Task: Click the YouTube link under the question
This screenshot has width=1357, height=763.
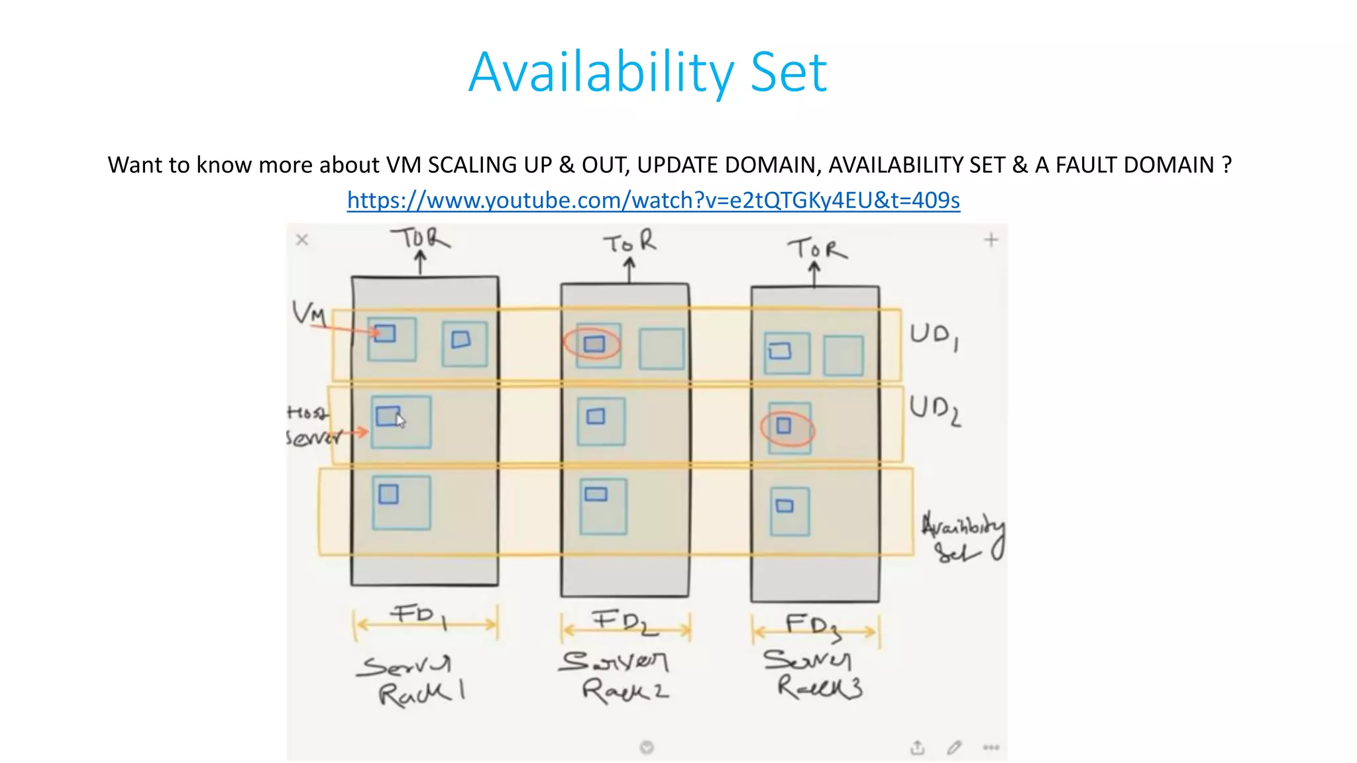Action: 653,200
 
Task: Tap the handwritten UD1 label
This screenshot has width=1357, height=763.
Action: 933,336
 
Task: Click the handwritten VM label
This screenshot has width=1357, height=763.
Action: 309,312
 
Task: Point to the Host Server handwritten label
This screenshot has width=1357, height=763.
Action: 311,425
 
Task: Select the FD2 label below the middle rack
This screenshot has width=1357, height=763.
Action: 624,622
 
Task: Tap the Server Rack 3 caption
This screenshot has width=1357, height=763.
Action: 813,674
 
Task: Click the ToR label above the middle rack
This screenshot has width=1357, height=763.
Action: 630,242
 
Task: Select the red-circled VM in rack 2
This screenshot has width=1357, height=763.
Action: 593,344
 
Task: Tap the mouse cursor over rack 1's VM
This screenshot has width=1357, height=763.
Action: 400,421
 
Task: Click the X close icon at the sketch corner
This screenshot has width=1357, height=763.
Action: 302,240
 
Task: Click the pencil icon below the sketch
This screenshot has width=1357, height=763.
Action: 953,748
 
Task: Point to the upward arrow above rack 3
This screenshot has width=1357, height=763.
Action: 814,274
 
